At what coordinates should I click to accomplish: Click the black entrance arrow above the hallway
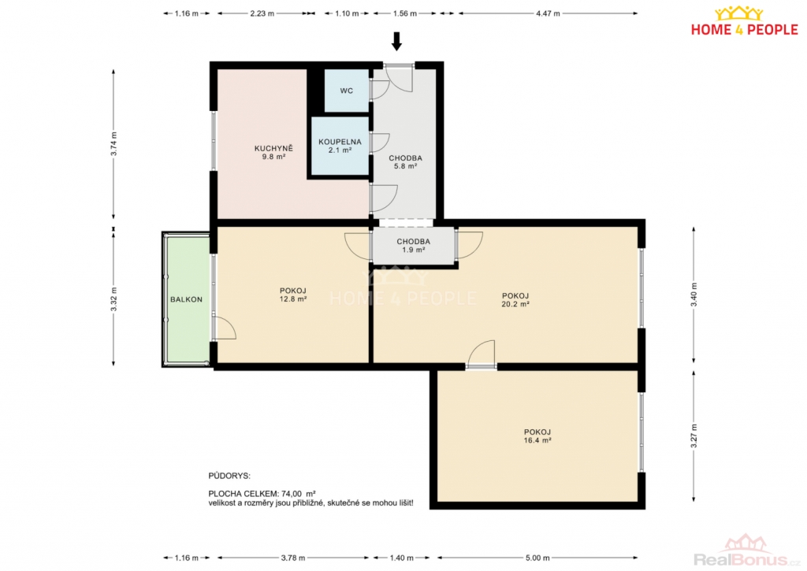[396, 41]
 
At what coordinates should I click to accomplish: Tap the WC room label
[347, 91]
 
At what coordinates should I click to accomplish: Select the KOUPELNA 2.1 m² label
[340, 146]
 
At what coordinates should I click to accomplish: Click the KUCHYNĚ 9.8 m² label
[273, 152]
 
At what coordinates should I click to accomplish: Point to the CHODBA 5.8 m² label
[406, 162]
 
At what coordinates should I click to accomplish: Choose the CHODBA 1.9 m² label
[413, 246]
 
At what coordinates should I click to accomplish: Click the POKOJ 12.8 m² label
[293, 295]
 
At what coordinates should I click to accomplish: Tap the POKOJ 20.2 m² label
[515, 300]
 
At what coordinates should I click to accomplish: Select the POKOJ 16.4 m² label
[537, 436]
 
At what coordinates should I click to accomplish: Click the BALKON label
[186, 299]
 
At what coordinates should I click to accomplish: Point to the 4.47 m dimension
[548, 13]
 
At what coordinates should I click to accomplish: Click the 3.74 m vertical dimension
[113, 144]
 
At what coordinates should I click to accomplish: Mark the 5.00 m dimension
[537, 558]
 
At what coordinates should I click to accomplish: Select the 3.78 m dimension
[293, 558]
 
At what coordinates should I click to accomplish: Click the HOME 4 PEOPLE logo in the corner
[744, 21]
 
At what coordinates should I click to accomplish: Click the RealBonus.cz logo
[747, 551]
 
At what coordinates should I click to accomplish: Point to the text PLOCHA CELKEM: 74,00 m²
[262, 494]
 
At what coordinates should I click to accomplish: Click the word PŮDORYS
[229, 476]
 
